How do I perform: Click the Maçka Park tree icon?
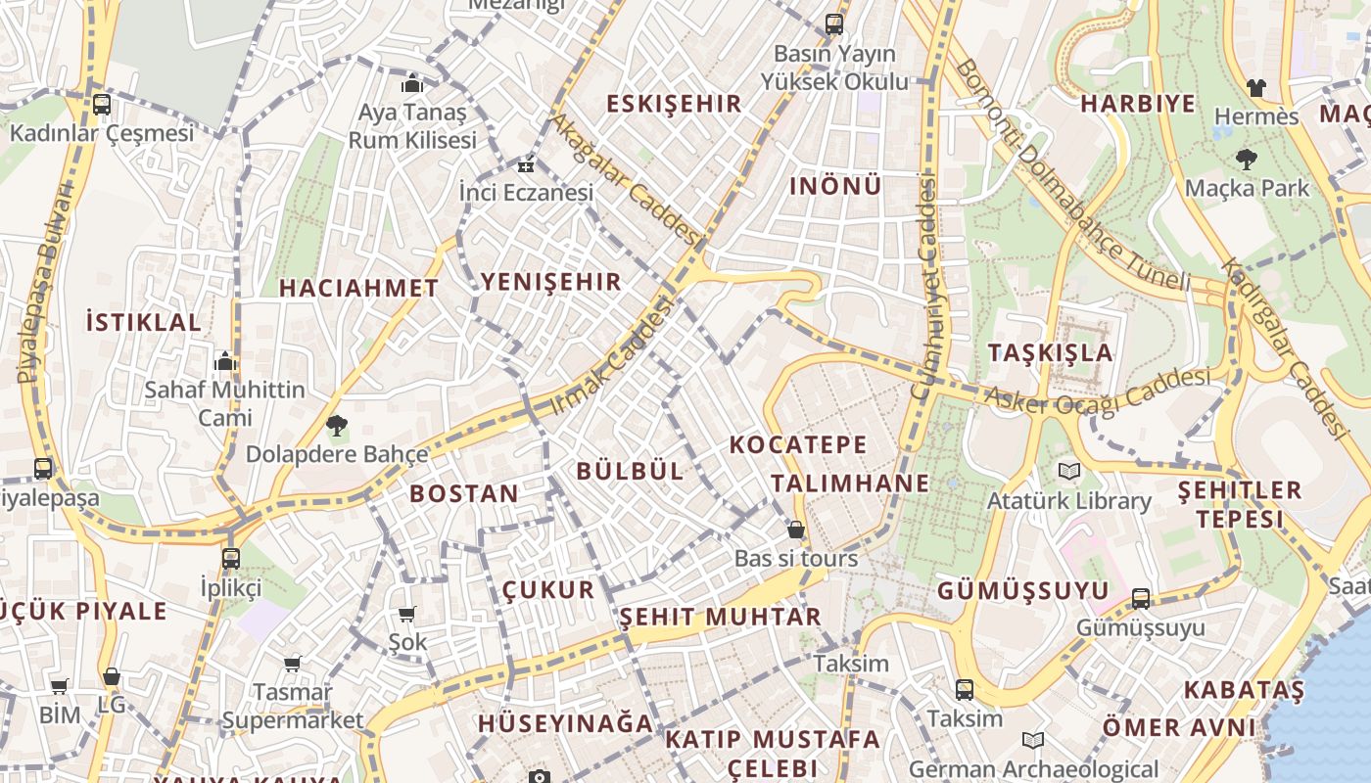tap(1247, 159)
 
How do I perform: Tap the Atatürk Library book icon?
tap(1068, 472)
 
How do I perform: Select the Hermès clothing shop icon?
tap(1256, 88)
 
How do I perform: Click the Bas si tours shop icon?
tap(796, 530)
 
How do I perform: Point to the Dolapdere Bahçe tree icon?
tap(337, 426)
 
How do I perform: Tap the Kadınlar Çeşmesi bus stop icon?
tap(102, 105)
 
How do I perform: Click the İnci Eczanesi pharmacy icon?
tap(527, 163)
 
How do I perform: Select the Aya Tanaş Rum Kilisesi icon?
tap(412, 83)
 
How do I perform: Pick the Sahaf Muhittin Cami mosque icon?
tap(225, 361)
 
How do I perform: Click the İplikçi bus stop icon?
tap(231, 559)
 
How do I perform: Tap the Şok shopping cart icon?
tap(407, 614)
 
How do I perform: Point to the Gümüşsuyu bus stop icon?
tap(1141, 598)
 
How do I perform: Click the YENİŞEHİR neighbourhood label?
tap(550, 283)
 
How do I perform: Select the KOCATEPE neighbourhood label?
tap(798, 445)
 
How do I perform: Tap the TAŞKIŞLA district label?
tap(1050, 353)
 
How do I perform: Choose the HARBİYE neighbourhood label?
tap(1137, 104)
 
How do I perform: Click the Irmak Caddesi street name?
tap(614, 354)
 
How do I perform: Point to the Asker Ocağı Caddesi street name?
tap(1097, 391)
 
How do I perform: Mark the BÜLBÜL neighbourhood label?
tap(630, 471)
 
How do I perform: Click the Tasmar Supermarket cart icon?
tap(292, 665)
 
